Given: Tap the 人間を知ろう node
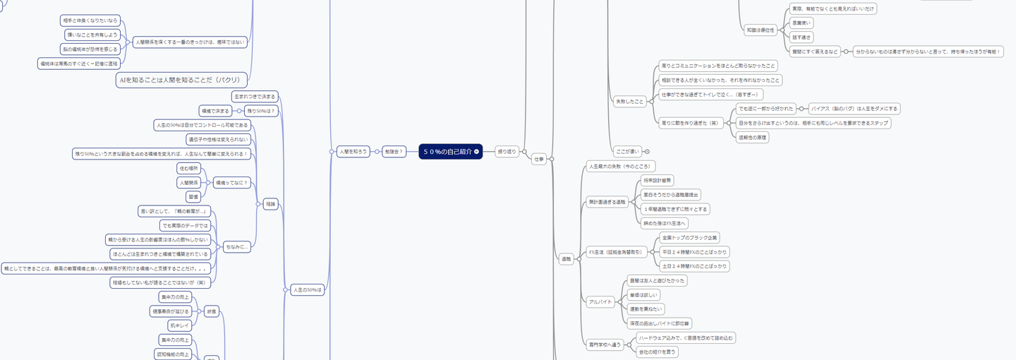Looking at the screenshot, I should tap(353, 151).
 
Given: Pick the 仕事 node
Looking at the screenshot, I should tap(539, 159).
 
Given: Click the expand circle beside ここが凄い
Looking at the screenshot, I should tap(647, 151).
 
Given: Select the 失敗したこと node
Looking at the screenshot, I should tap(629, 102).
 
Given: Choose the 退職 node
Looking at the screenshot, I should tap(565, 259).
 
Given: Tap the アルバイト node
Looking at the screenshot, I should tap(601, 301).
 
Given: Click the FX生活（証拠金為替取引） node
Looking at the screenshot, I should tap(615, 252).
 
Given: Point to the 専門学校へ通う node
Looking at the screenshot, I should tap(604, 344).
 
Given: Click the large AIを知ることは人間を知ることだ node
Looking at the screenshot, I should tap(182, 80).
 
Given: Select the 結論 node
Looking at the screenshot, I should tap(270, 204).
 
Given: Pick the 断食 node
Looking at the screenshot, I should tap(211, 311).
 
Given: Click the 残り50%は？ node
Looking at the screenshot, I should tap(260, 111).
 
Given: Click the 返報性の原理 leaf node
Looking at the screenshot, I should tap(752, 137).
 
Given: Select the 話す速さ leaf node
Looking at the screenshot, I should tap(802, 37).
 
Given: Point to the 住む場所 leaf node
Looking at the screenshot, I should tap(189, 168).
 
